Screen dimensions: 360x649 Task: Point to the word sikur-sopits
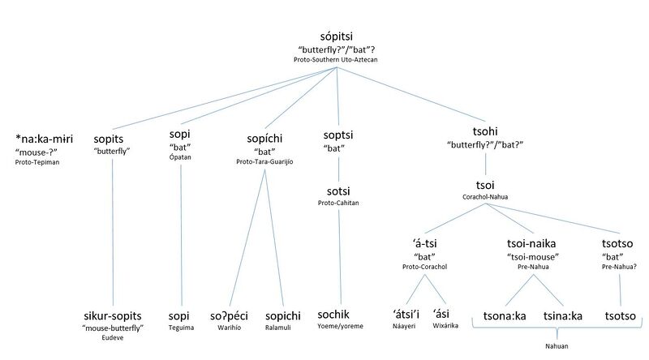point(114,314)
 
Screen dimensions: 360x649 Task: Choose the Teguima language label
point(179,327)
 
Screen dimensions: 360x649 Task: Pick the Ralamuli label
point(282,328)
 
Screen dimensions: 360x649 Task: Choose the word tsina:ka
point(563,315)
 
